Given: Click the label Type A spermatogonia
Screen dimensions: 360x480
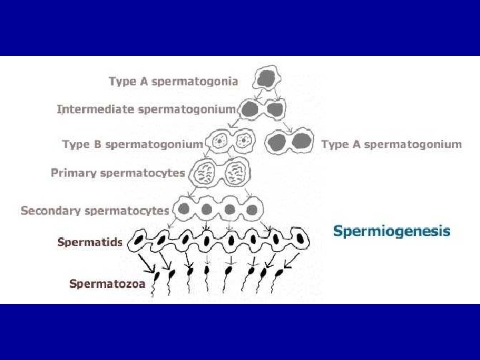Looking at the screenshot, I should [173, 82].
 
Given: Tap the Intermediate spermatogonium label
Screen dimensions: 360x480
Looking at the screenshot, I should [146, 109].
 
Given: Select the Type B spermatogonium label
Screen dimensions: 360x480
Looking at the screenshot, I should [132, 144].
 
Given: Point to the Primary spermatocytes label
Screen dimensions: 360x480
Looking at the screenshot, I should [118, 173].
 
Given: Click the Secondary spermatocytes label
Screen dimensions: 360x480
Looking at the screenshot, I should [95, 211].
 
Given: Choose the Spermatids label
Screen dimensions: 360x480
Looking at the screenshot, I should [90, 242].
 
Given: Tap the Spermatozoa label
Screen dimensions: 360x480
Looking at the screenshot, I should [107, 283].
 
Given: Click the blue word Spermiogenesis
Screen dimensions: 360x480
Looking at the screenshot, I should [391, 232].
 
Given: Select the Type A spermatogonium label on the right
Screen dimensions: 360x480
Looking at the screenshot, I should [391, 144].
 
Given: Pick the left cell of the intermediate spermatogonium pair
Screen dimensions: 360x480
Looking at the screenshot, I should [251, 109].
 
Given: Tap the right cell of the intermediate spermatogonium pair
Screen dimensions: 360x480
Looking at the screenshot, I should [276, 109].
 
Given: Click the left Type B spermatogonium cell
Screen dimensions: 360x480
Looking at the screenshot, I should [219, 141].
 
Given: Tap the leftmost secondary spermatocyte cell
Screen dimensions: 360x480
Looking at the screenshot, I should [184, 209].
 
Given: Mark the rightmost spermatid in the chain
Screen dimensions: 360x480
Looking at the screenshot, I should [301, 238].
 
